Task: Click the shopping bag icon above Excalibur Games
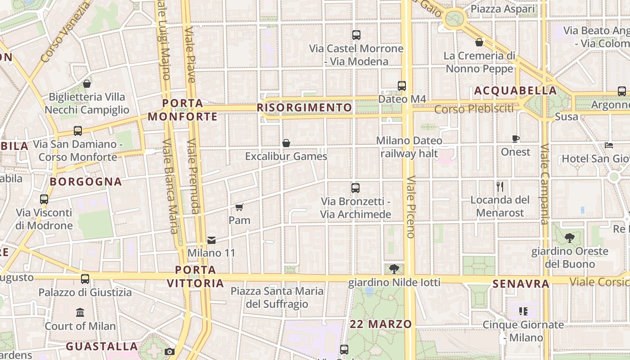(x=286, y=143)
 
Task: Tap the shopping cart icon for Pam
(x=239, y=207)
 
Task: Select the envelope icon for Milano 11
(x=211, y=240)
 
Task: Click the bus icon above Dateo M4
(x=402, y=85)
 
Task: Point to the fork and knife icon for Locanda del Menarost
(x=500, y=186)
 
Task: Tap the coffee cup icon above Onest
(x=516, y=139)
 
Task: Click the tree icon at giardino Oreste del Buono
(x=570, y=238)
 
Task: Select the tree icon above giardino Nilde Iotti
(x=394, y=269)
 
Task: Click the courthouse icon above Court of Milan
(x=80, y=312)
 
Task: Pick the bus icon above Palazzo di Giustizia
(x=85, y=279)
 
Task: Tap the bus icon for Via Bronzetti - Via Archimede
(x=355, y=188)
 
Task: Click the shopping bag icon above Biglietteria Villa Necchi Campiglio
(x=87, y=84)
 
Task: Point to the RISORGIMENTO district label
(x=304, y=108)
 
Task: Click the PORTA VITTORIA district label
(x=195, y=276)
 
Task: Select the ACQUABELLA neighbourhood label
(x=515, y=90)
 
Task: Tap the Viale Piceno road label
(x=410, y=207)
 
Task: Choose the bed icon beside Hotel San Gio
(x=609, y=145)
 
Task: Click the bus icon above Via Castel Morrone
(x=356, y=35)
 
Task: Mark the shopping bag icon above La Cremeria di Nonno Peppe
(x=479, y=42)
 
